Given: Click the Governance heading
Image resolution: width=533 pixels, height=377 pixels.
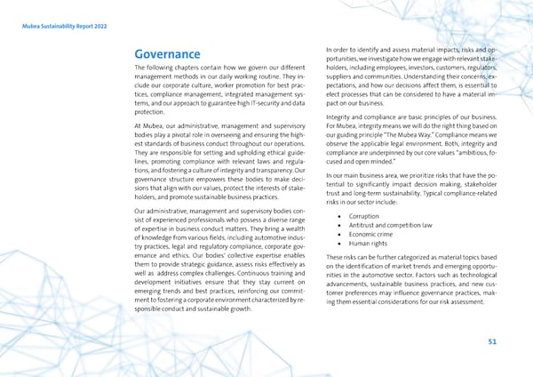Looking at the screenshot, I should pos(166,53).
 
